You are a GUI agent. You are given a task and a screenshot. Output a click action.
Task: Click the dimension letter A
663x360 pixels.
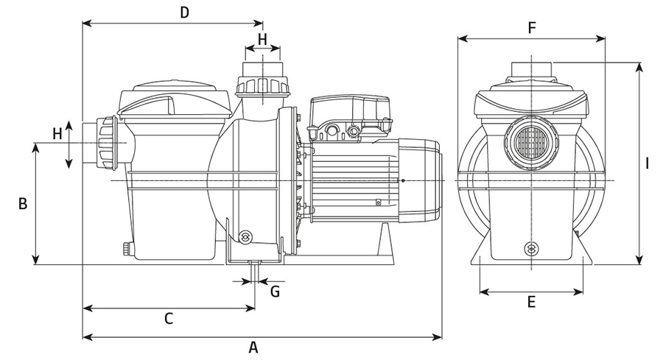pos(253,347)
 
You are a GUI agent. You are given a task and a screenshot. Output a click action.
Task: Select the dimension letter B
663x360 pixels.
pos(23,203)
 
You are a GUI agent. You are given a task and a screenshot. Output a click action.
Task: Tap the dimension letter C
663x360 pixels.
pos(168,318)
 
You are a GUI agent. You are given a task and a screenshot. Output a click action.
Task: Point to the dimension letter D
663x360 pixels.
pos(185,12)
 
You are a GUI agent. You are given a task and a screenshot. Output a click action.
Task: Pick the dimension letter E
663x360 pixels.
pos(531,302)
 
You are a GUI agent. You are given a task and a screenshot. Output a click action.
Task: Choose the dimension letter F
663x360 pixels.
pos(531,28)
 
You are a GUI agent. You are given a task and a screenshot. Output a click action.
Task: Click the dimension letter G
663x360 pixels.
pos(275,291)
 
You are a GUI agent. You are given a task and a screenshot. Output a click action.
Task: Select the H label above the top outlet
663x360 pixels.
pos(262,38)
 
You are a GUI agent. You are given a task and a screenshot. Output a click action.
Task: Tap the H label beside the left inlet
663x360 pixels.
pos(57,133)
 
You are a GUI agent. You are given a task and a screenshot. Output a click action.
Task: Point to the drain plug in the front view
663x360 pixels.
pos(530,249)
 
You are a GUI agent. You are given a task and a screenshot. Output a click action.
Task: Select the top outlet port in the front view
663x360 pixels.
pos(530,68)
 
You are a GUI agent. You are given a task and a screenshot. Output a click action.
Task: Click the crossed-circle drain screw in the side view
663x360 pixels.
pos(246,236)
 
